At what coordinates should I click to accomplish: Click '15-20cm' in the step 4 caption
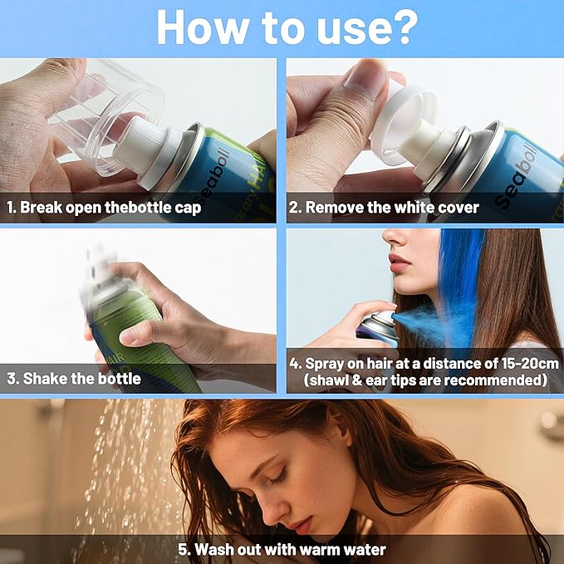511,364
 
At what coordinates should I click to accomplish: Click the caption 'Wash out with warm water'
282,549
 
